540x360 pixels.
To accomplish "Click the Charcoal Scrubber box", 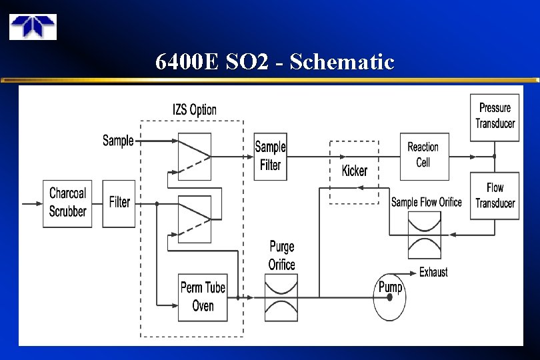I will [68, 203].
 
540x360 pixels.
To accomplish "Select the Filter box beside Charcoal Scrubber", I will [119, 203].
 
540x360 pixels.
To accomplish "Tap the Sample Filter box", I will [270, 157].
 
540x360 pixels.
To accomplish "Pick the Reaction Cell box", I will [424, 157].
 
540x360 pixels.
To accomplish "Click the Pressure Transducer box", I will [495, 117].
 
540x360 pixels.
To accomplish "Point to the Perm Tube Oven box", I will [203, 297].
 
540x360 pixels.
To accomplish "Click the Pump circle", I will [389, 297].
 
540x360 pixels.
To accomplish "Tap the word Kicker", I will [354, 171].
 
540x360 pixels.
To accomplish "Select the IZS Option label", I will [194, 109].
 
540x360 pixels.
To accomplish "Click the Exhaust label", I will [433, 272].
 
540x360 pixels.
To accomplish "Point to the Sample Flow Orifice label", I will [426, 202].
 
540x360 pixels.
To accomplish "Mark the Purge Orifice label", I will [282, 255].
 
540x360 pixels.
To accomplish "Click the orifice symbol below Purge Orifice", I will [282, 298].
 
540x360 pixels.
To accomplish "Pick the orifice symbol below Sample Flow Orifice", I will [425, 235].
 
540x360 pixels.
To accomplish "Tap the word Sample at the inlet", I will [118, 141].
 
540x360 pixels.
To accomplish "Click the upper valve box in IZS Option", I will [195, 157].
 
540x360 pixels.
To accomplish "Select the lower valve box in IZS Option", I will [195, 219].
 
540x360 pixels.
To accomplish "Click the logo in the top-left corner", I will [33, 27].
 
